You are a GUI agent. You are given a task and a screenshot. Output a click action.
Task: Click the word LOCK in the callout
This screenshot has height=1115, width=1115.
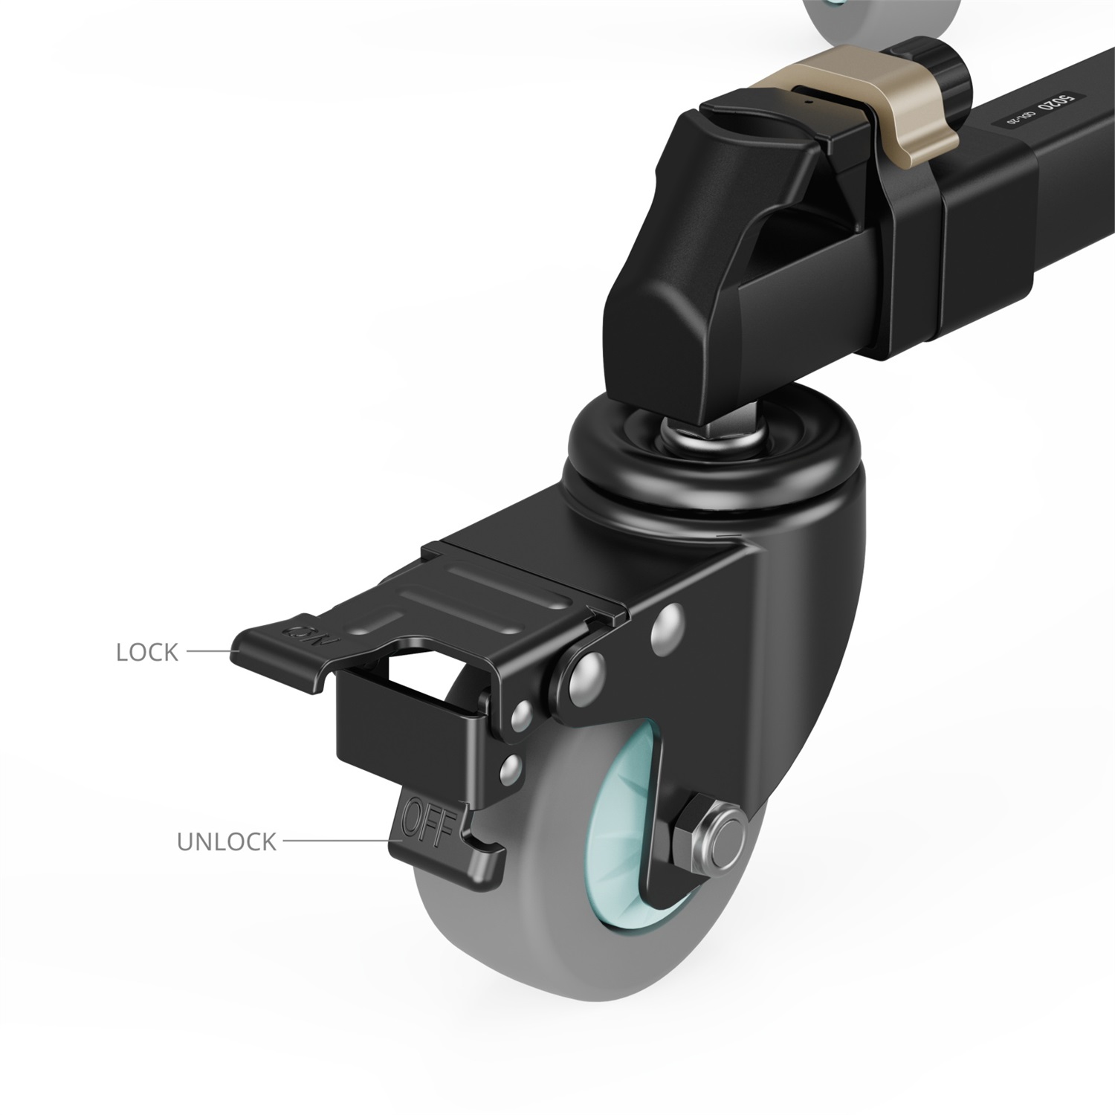coord(147,652)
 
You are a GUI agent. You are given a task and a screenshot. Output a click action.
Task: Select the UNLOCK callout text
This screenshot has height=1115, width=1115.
coord(226,841)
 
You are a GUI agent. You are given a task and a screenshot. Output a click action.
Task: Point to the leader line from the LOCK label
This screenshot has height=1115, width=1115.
coord(210,652)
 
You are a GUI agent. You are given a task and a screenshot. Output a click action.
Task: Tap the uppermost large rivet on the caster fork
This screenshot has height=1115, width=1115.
coord(667,623)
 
